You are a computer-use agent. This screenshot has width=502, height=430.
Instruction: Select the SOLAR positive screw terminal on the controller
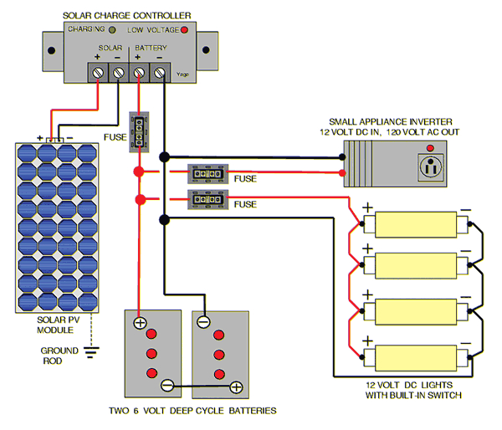(x=98, y=74)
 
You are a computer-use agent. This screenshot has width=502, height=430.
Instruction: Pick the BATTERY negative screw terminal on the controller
(x=158, y=74)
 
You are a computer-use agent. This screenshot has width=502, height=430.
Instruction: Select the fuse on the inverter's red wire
(x=208, y=174)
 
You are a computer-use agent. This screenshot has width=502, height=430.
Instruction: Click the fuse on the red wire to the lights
(x=208, y=200)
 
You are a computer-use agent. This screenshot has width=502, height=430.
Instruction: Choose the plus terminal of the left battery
(x=140, y=321)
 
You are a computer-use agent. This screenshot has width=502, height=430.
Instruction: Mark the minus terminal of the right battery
(x=203, y=321)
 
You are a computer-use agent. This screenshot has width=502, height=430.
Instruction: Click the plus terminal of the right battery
(x=236, y=386)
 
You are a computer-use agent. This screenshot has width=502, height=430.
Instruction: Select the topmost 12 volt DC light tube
(x=415, y=224)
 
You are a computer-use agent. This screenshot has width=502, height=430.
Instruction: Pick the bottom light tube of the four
(x=415, y=358)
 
